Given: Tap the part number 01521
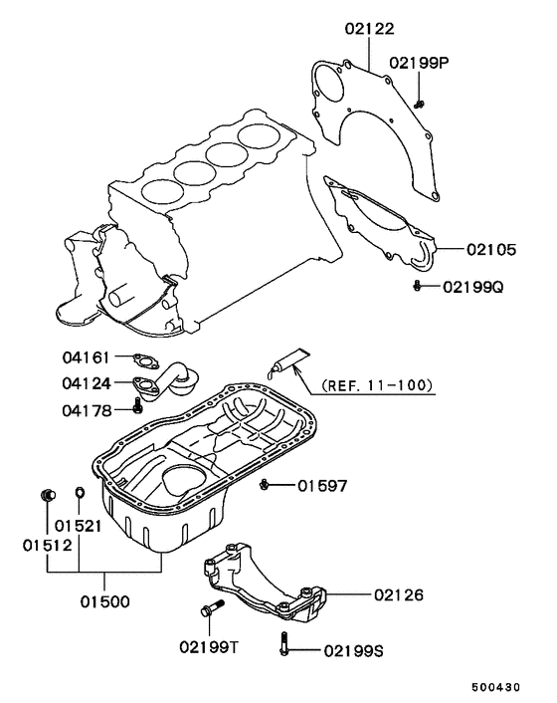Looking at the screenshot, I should click(78, 525).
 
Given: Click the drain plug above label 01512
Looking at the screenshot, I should click(46, 495).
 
